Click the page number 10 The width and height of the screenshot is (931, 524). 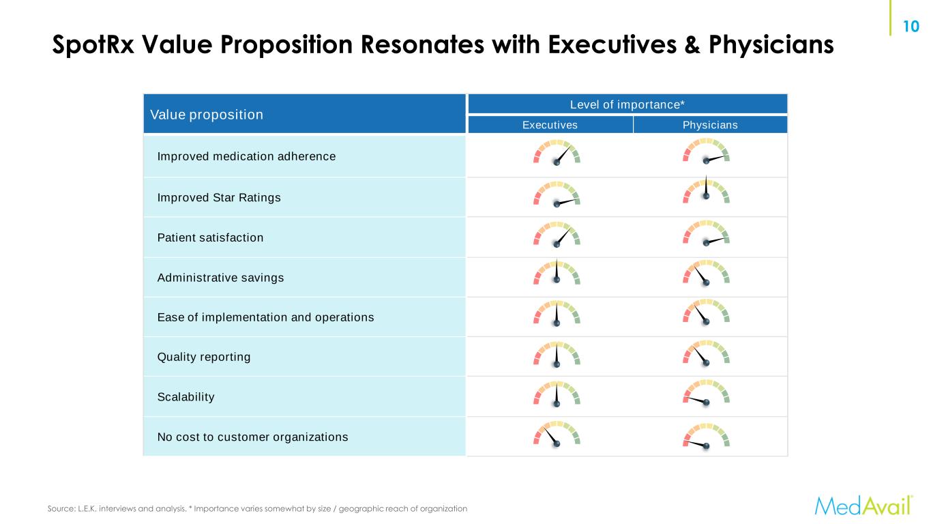(x=911, y=27)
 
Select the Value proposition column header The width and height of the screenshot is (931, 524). (x=207, y=115)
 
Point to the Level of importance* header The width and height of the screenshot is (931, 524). (x=627, y=104)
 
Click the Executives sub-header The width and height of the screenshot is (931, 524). (x=550, y=125)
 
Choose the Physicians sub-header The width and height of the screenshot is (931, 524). (x=710, y=125)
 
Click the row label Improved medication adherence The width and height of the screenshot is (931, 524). (x=246, y=156)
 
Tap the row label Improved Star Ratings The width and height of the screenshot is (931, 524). (x=219, y=198)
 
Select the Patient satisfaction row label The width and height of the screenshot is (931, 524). (x=210, y=237)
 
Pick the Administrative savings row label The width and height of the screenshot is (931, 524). (x=220, y=278)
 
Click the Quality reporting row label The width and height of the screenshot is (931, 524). (x=204, y=357)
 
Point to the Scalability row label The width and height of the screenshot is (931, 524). (x=186, y=396)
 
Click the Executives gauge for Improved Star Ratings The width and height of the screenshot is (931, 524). (x=557, y=194)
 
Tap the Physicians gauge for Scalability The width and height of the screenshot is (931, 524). (x=706, y=394)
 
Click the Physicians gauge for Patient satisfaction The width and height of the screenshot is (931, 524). (x=706, y=234)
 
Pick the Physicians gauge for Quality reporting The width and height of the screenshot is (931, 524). (x=706, y=354)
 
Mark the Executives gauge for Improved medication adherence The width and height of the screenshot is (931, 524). (x=557, y=154)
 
